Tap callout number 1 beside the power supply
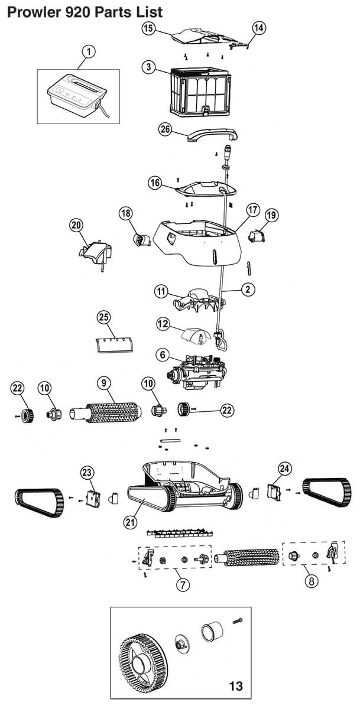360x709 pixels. (x=88, y=52)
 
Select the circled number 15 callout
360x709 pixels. (x=148, y=28)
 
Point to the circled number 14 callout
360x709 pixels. (x=259, y=27)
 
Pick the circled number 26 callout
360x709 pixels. (x=165, y=129)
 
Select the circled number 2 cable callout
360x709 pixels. (x=247, y=290)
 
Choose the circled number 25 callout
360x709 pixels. (x=104, y=318)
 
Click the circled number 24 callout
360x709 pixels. (x=284, y=469)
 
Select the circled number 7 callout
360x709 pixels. (x=183, y=584)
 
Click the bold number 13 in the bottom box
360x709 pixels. (x=236, y=686)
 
